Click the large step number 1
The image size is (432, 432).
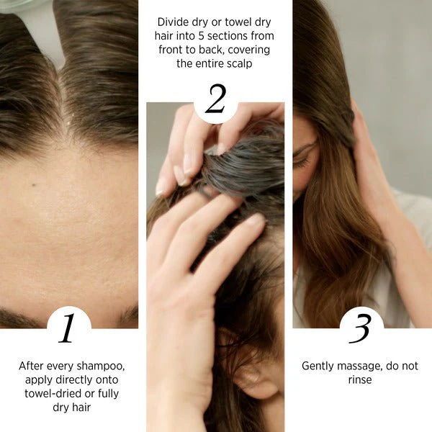click(67, 328)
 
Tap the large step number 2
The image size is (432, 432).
click(216, 99)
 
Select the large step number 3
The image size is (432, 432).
click(359, 328)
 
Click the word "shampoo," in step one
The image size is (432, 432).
click(101, 366)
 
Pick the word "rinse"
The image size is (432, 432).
click(360, 380)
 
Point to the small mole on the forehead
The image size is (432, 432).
click(34, 184)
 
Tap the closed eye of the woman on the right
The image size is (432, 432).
click(302, 162)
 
